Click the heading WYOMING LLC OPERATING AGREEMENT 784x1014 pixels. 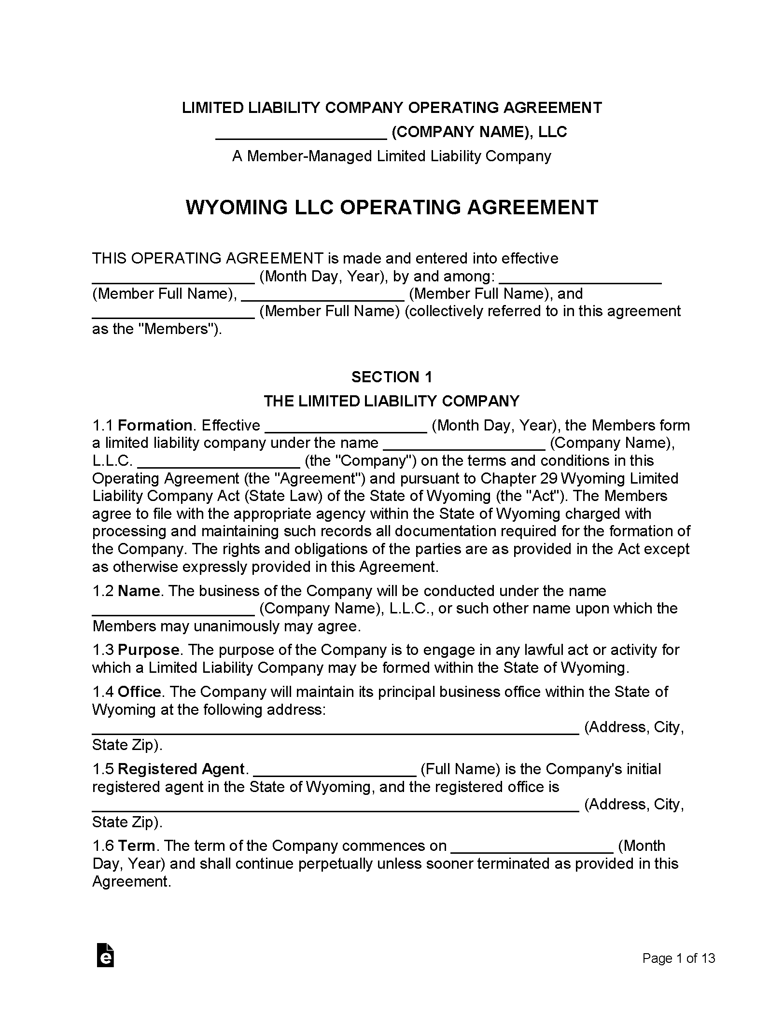pyautogui.click(x=392, y=208)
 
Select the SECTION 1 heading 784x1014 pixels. pyautogui.click(x=392, y=377)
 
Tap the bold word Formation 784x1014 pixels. pyautogui.click(x=155, y=426)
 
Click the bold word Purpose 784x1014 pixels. pyautogui.click(x=149, y=650)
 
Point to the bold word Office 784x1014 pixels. pyautogui.click(x=140, y=692)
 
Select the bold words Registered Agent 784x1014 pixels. pyautogui.click(x=182, y=769)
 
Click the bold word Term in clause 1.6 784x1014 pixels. pyautogui.click(x=137, y=846)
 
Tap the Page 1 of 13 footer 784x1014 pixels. pyautogui.click(x=678, y=958)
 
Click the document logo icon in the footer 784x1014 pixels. pyautogui.click(x=105, y=954)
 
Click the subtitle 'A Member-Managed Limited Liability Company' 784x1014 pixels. pyautogui.click(x=392, y=156)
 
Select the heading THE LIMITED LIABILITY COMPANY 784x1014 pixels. pyautogui.click(x=392, y=401)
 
